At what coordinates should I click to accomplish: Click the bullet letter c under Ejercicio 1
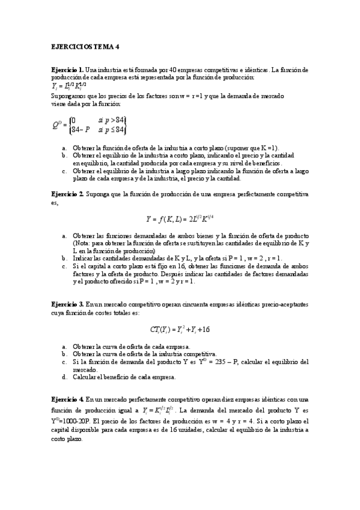point(64,171)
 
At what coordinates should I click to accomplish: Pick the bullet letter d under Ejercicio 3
point(64,377)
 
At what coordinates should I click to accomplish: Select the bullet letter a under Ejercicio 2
point(64,236)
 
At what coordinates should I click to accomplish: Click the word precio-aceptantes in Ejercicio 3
point(284,305)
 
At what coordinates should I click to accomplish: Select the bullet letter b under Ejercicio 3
point(64,354)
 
